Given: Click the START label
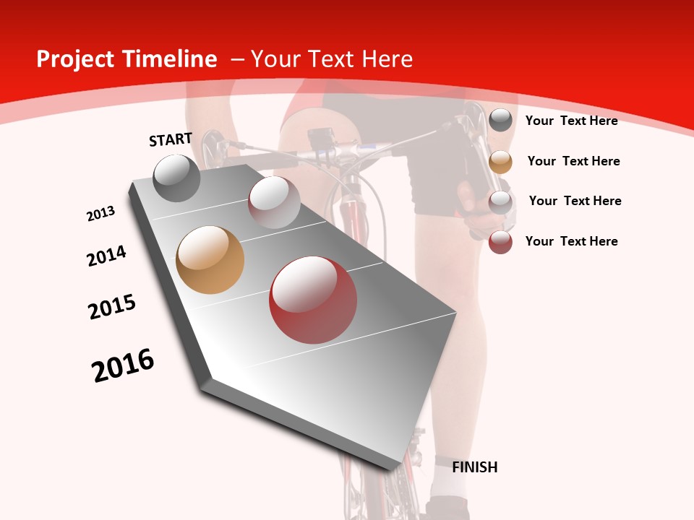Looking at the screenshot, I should (x=171, y=139).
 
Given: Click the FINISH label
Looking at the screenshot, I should (x=474, y=467).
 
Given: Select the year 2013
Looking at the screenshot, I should (x=101, y=214).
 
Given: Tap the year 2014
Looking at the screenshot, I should (x=106, y=256).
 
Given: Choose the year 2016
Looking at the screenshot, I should (x=123, y=365).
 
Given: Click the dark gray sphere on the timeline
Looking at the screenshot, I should (x=176, y=178).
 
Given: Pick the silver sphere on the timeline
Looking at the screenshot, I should (x=274, y=202).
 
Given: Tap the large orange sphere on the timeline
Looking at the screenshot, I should (x=210, y=260).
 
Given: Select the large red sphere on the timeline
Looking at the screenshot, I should (x=313, y=300).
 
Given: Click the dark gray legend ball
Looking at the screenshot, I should (x=500, y=121).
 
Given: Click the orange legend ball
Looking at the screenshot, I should (x=500, y=162).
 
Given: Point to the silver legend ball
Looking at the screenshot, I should (x=500, y=202).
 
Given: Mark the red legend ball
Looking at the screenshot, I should (x=500, y=242).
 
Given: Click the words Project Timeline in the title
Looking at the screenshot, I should (x=127, y=59).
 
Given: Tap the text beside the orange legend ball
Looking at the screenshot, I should (x=573, y=161).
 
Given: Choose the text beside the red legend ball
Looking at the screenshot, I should (x=571, y=241).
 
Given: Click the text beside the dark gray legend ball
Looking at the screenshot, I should (x=571, y=121).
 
